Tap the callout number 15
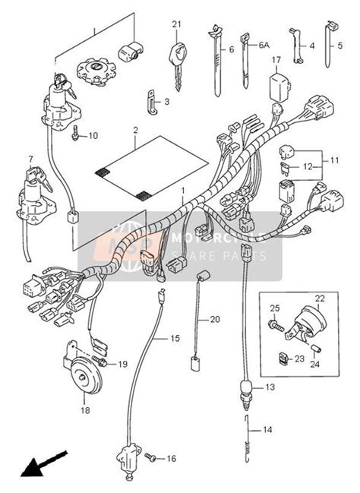174,337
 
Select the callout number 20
214,319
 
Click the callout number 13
268,387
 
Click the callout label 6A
264,46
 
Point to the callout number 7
31,158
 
